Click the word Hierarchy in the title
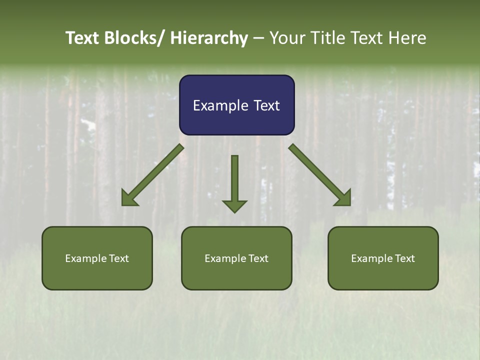click(x=209, y=38)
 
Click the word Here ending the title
click(x=407, y=38)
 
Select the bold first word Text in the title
click(x=82, y=38)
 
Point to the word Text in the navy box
click(x=265, y=105)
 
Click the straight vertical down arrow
click(x=234, y=182)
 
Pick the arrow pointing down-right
click(x=320, y=175)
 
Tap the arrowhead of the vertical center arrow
click(x=234, y=206)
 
